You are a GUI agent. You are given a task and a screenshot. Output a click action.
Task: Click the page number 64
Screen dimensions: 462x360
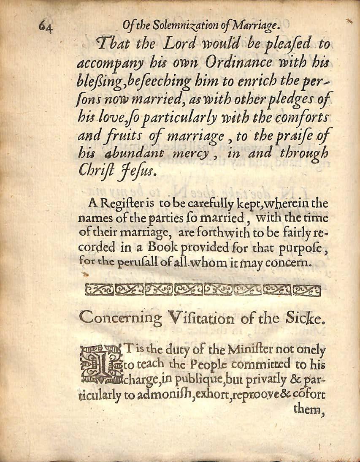(x=44, y=28)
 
